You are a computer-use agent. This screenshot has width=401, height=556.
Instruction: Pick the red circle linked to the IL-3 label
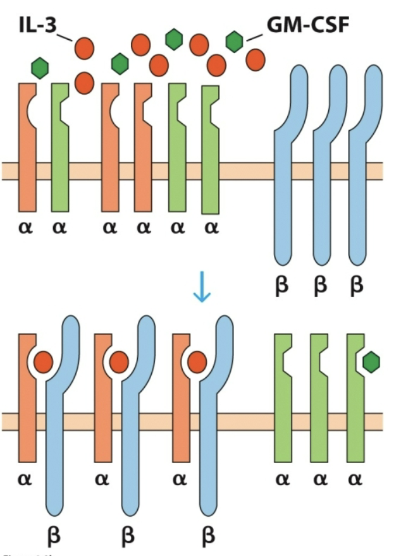pos(84,48)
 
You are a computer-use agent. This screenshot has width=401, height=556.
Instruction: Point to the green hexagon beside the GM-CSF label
pos(235,42)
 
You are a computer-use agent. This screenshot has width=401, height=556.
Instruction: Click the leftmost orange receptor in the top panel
pos(27,152)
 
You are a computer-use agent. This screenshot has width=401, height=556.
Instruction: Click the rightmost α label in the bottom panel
pos(356,479)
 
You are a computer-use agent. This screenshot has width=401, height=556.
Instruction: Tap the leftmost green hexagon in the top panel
pos(40,67)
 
